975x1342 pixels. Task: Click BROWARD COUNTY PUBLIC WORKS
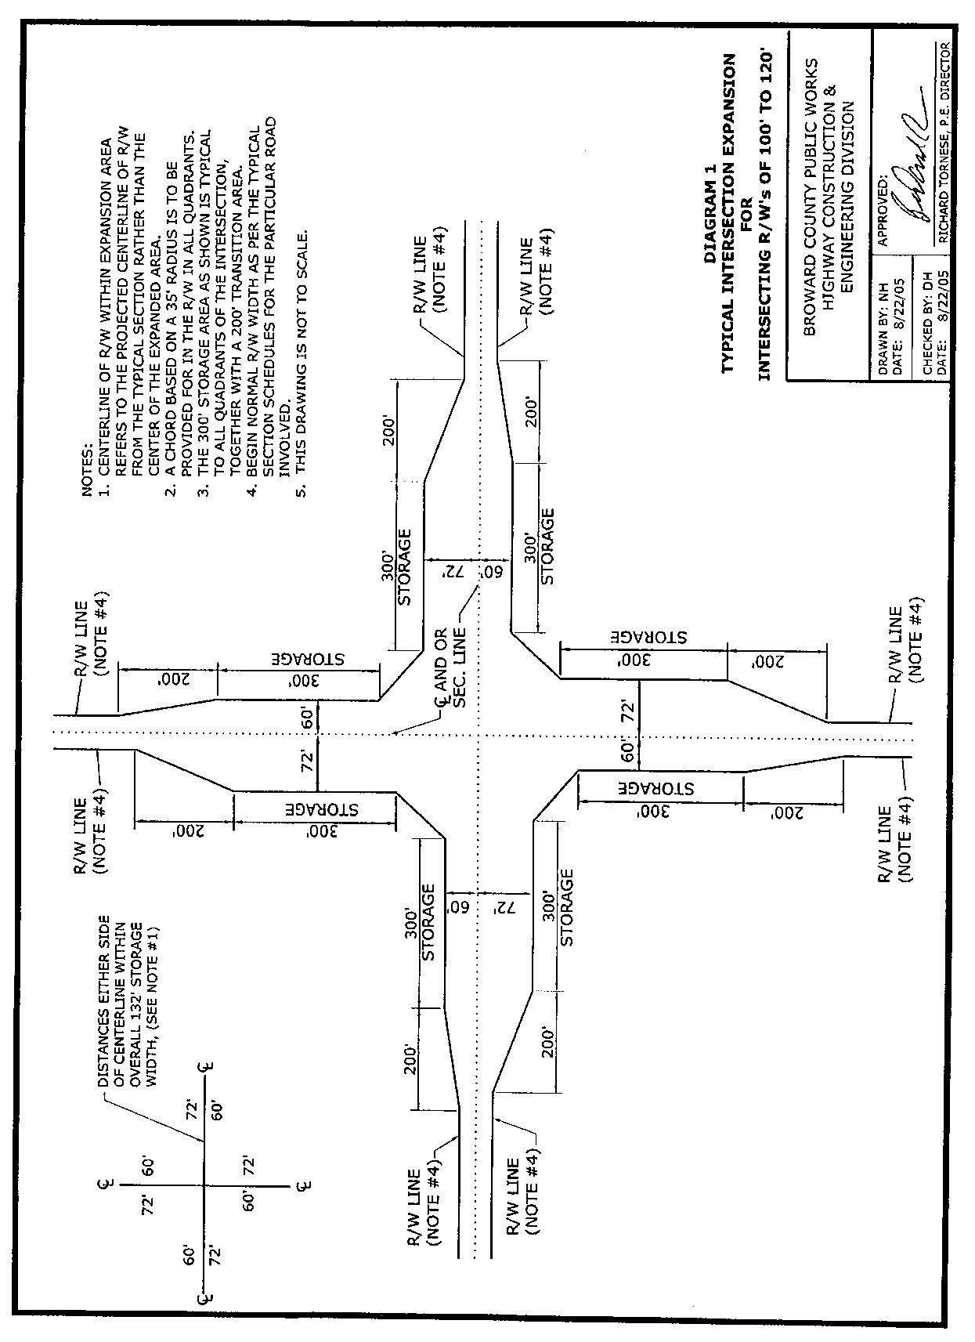pyautogui.click(x=810, y=197)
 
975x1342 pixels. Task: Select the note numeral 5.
pyautogui.click(x=302, y=491)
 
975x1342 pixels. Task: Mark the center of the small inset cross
pyautogui.click(x=205, y=1186)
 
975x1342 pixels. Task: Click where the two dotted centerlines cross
pyautogui.click(x=478, y=733)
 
